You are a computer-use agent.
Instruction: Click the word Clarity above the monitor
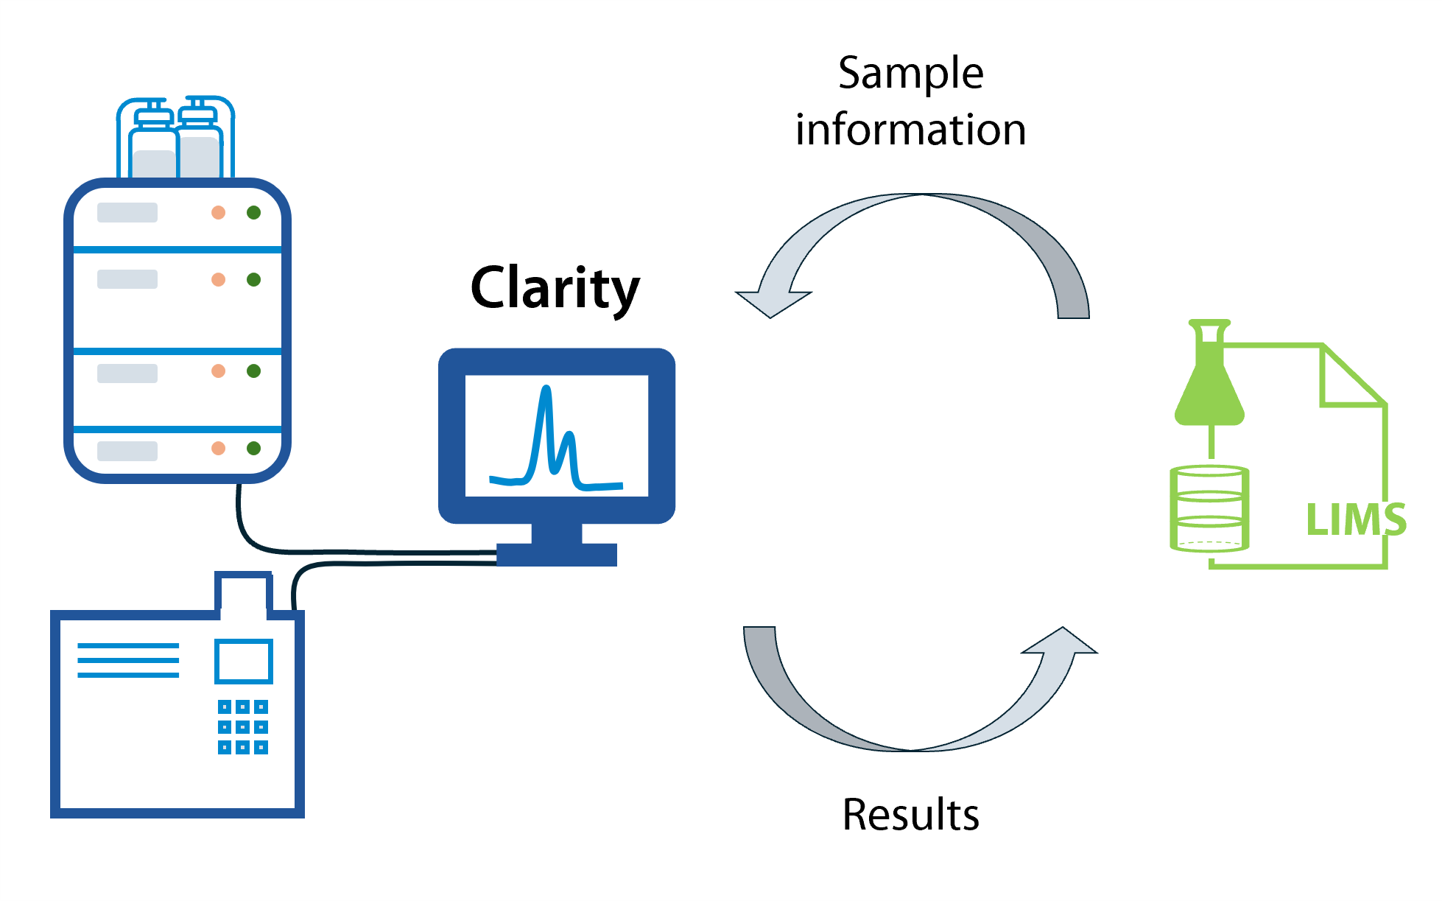coord(555,288)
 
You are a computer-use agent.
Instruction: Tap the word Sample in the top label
coord(910,74)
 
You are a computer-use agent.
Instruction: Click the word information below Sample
coord(910,130)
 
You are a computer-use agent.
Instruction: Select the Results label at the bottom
coord(910,814)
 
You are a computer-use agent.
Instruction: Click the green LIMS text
coord(1355,519)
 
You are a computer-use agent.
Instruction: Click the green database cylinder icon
coord(1209,508)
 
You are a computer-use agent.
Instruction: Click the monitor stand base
coord(557,553)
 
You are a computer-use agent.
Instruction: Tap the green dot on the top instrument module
coord(254,213)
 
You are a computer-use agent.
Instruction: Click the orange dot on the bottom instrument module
coord(218,448)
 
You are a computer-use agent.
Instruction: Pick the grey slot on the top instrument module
coord(127,213)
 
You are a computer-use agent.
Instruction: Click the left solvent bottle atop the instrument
coord(153,147)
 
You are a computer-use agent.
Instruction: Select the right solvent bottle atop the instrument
coord(199,144)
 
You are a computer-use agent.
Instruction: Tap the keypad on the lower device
coord(243,727)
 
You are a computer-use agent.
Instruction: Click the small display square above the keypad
coord(244,662)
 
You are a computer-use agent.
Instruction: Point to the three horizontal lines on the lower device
coord(128,660)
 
